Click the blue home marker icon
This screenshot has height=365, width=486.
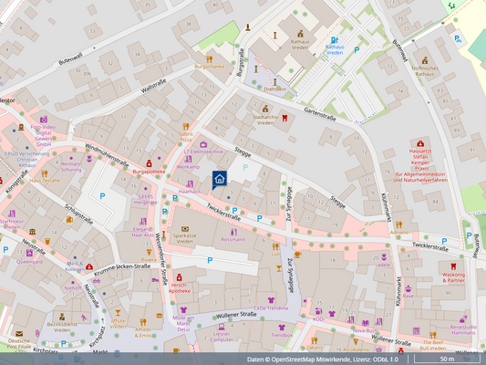point(220,180)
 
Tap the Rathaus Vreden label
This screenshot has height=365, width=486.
point(300,44)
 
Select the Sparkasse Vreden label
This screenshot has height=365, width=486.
point(185,238)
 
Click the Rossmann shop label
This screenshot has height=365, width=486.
point(233,239)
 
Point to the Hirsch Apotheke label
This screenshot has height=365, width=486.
point(180,287)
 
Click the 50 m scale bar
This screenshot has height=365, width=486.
point(447,359)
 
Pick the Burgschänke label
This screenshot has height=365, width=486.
point(209,66)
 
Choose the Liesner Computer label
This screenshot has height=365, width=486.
point(222,336)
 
